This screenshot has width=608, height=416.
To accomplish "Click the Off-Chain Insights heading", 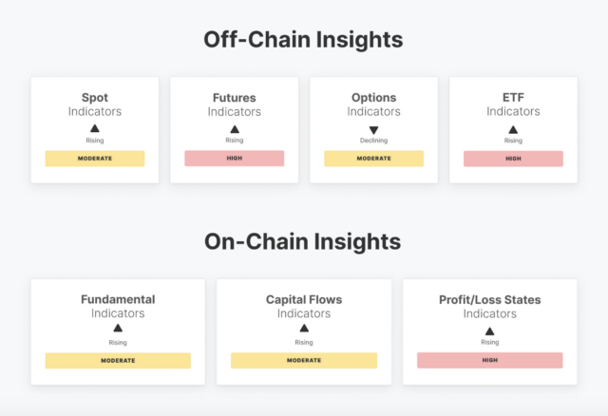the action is pos(303,40).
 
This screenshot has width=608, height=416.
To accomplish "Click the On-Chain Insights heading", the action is pos(303,241).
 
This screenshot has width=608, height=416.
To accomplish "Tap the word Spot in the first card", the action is pos(95,98).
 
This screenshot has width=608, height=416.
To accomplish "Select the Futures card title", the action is pos(235,98).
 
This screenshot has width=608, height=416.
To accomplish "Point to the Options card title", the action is pos(373,98).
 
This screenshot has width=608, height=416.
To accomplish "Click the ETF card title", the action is pos(513,97).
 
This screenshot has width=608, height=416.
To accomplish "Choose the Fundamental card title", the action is pos(118,299).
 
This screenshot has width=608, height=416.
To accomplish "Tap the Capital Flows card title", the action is pos(304,300).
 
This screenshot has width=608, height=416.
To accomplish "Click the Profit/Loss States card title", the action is pos(490,300).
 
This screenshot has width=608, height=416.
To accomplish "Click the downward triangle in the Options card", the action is pos(373,130).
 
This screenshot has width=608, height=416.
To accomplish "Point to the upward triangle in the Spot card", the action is pos(95,128).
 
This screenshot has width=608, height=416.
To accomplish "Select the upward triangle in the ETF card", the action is pos(513,129).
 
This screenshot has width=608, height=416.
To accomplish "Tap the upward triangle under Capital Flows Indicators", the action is pos(304,329).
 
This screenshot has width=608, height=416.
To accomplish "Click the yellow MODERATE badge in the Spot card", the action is pos(95,159).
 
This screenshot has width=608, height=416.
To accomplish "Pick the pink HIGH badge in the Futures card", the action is pos(235,159).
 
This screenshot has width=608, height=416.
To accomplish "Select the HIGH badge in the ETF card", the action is pos(513,159).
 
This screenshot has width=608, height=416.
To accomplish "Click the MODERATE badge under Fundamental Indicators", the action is pos(118,361).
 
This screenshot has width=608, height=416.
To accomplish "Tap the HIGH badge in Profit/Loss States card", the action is pos(490,360).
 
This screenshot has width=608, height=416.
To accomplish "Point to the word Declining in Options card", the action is pos(373,141).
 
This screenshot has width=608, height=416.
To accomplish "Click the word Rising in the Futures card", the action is pos(235,140).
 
